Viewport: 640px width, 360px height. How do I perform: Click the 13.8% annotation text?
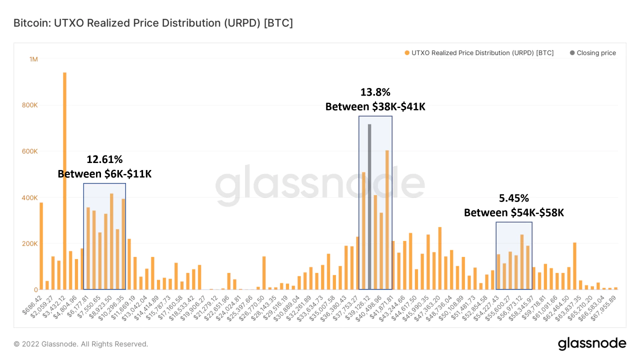(375, 92)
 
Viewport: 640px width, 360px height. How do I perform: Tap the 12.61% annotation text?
(104, 159)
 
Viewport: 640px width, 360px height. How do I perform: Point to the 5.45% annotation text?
(514, 198)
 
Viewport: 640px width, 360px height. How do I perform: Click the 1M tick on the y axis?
(33, 59)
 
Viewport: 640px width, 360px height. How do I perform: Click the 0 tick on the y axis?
(35, 290)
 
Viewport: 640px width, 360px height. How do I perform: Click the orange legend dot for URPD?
(407, 53)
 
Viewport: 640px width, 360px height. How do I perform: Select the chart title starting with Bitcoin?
(153, 23)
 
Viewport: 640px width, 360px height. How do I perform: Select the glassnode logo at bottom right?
(591, 343)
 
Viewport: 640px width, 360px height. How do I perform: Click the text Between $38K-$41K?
(375, 106)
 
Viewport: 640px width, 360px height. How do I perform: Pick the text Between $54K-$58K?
(514, 212)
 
